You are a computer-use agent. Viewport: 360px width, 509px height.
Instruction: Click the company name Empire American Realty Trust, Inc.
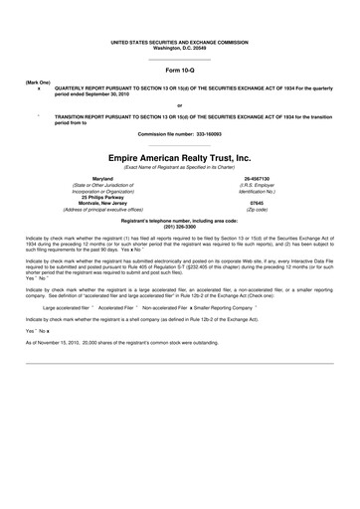point(180,157)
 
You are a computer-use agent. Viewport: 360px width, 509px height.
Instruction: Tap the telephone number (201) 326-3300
point(180,226)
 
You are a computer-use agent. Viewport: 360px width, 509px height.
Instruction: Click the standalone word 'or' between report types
point(179,104)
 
